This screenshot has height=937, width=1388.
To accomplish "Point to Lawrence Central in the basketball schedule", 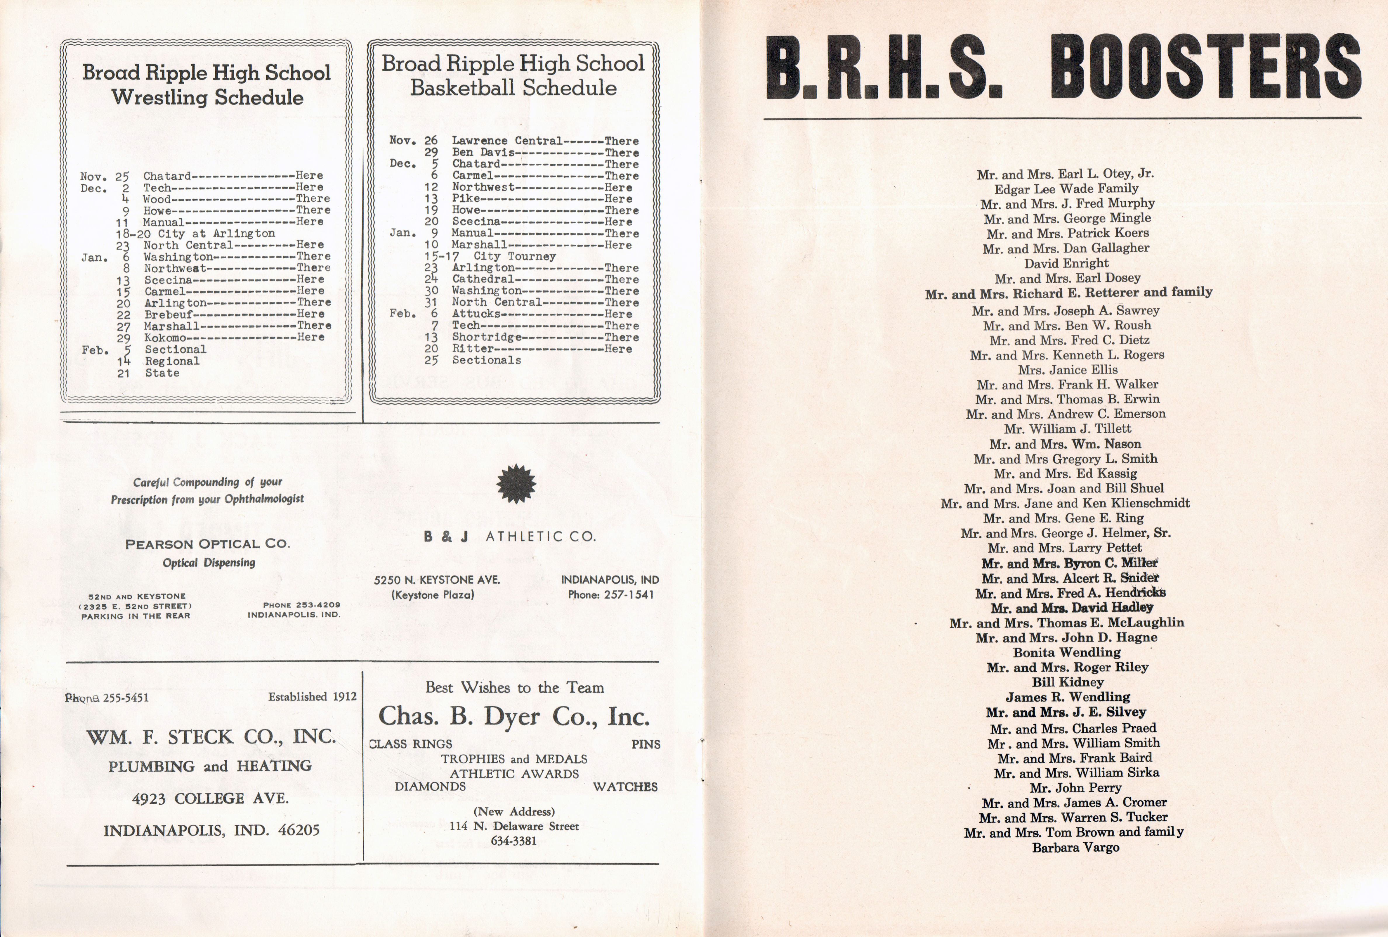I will click(x=506, y=141).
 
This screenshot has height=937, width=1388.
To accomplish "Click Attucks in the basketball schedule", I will click(x=476, y=314).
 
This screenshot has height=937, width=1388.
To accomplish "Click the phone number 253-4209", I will click(x=302, y=605).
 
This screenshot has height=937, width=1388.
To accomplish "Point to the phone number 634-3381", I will click(x=513, y=841).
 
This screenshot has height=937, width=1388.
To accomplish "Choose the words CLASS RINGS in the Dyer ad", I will click(x=411, y=744).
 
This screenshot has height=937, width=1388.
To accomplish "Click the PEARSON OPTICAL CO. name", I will click(x=207, y=544).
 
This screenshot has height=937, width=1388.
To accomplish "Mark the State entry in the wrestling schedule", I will click(x=162, y=373).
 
